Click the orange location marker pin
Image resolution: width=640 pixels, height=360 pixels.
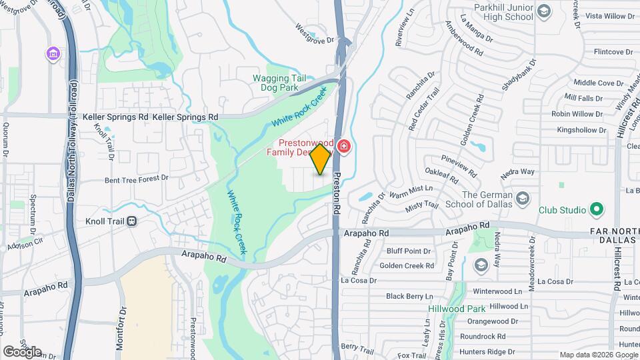click(321, 159)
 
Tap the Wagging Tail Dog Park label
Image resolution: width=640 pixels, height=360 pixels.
click(279, 83)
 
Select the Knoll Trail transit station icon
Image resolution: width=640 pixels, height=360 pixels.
click(132, 221)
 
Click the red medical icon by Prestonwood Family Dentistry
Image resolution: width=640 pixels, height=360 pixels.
click(344, 146)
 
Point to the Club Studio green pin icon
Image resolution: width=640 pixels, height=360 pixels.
click(597, 210)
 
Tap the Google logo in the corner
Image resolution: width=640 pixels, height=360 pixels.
click(22, 351)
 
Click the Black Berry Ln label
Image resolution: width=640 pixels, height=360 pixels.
click(409, 296)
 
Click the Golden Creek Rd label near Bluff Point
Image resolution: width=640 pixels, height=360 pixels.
click(407, 266)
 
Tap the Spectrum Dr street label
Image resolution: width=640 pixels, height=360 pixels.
click(33, 210)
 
